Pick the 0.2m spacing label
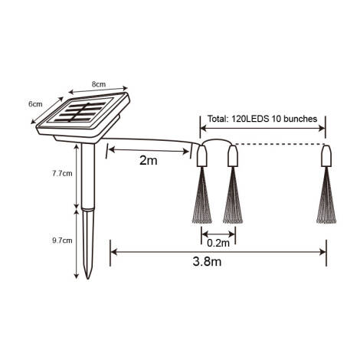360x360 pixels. (x=218, y=244)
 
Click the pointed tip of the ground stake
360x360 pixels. (x=90, y=275)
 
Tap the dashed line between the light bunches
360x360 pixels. (x=280, y=144)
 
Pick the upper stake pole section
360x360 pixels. (x=90, y=176)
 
